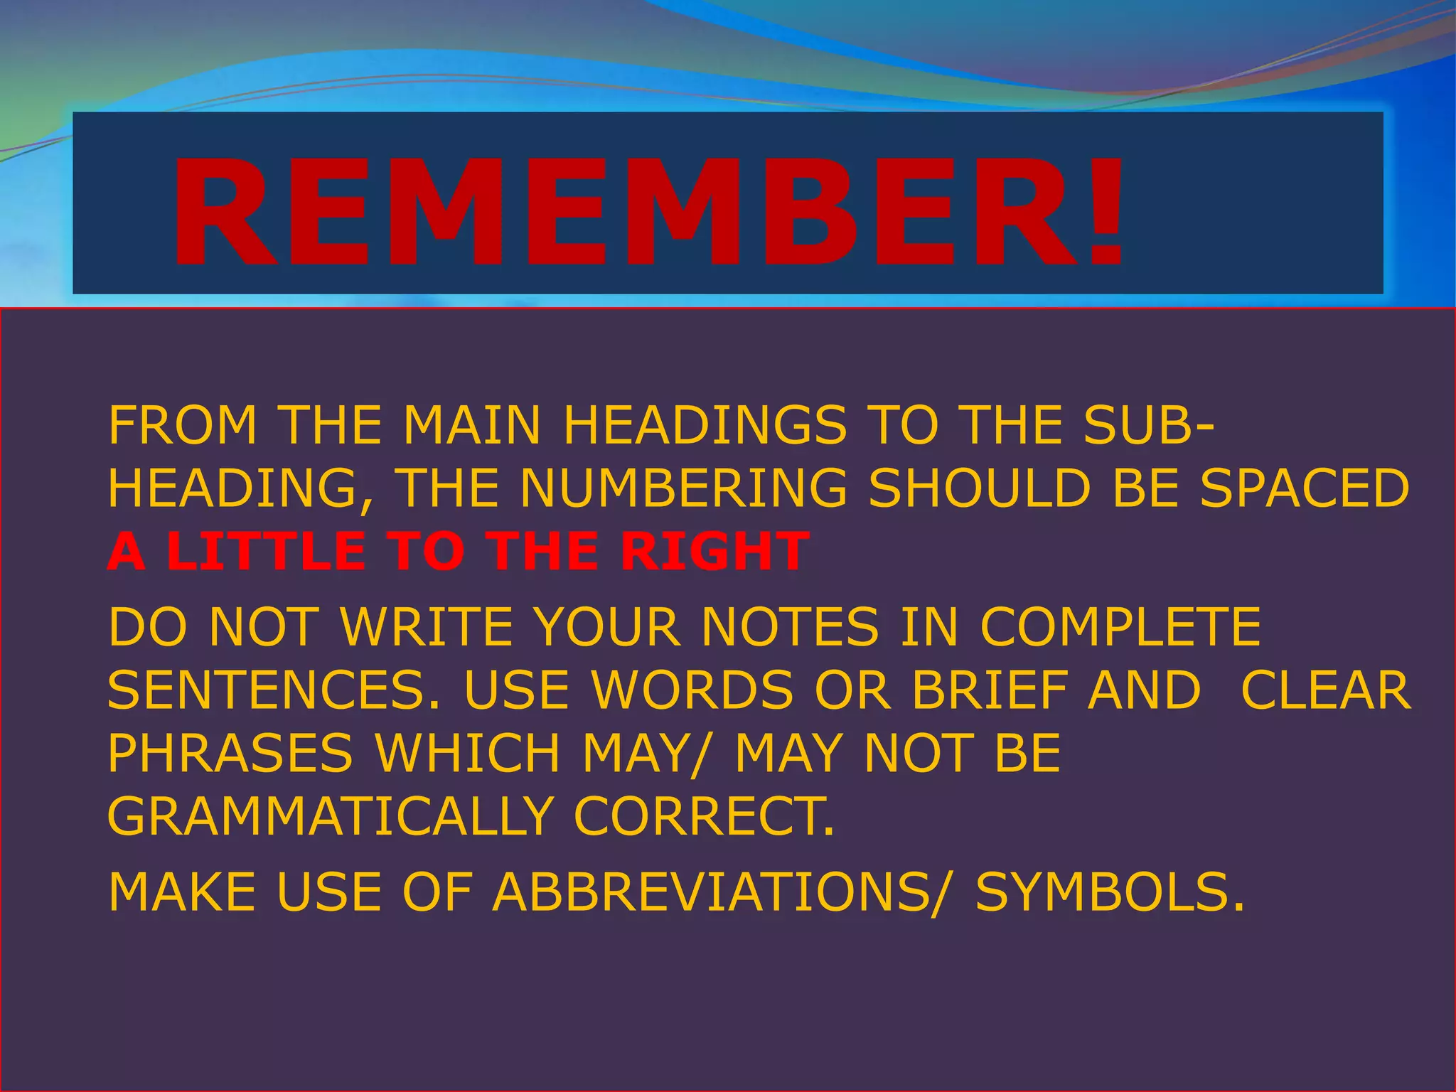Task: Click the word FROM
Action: point(182,425)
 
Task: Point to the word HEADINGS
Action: point(705,425)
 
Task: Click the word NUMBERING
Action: point(683,488)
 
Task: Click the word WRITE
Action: point(427,627)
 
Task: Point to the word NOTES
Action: point(790,627)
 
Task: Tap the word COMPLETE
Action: point(1120,627)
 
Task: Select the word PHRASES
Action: point(230,753)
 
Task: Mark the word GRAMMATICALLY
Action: point(331,816)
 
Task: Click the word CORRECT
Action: point(704,816)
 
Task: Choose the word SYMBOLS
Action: point(1109,892)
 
